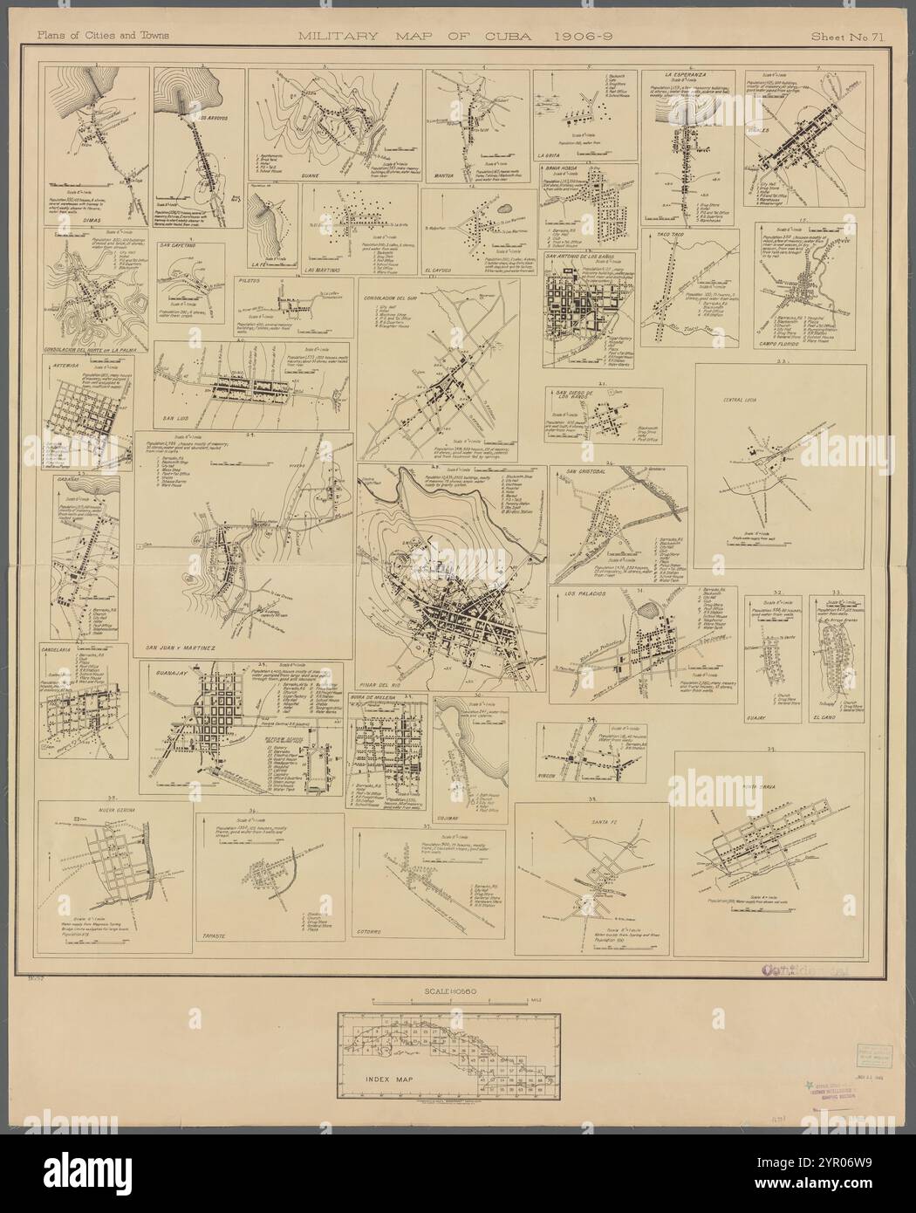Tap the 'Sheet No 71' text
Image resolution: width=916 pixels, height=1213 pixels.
844,37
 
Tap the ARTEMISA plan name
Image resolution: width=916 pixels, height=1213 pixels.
70,360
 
